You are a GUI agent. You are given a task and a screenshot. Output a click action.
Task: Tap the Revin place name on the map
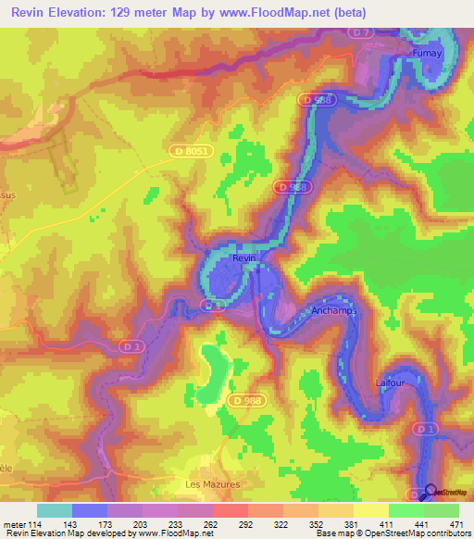pyautogui.click(x=243, y=258)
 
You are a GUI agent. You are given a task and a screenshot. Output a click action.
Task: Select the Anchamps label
pyautogui.click(x=333, y=311)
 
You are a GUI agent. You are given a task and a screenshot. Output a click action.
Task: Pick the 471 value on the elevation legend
pyautogui.click(x=455, y=523)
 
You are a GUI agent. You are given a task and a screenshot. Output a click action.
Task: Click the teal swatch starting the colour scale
pyautogui.click(x=55, y=510)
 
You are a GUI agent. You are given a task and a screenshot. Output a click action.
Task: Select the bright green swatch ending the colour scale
pyautogui.click(x=441, y=510)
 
